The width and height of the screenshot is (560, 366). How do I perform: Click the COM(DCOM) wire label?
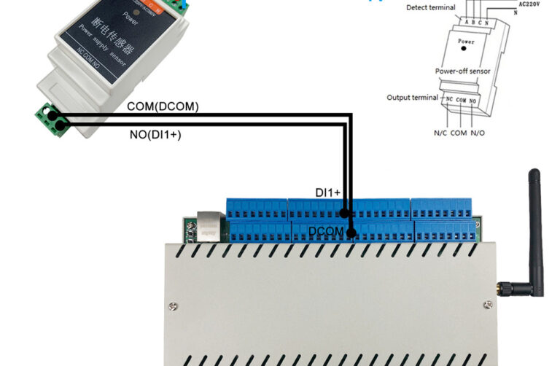[163, 106]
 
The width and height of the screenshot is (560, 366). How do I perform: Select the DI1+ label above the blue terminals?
[327, 192]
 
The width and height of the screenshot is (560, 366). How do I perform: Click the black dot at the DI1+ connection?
[344, 214]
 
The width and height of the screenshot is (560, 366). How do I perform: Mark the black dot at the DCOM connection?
[351, 234]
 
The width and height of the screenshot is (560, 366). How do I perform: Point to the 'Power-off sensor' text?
[462, 71]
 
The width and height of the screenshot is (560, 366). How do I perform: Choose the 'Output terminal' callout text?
[413, 97]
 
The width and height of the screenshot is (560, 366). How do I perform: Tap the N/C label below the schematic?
[441, 133]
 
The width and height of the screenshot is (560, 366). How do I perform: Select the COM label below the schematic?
[459, 133]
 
